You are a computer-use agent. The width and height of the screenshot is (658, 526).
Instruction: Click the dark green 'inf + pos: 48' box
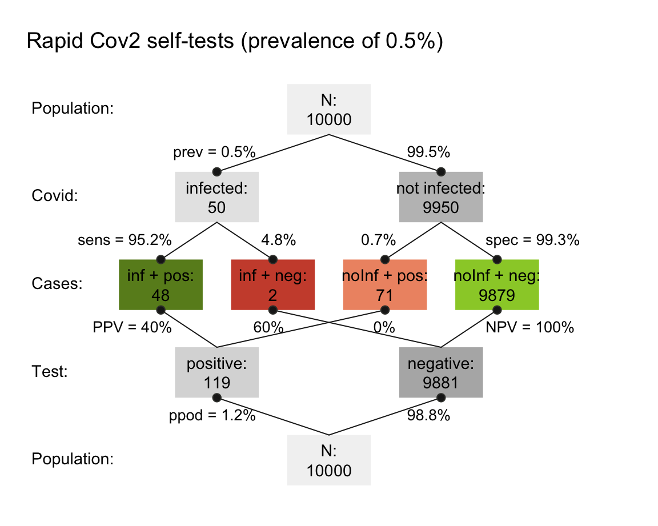[x=161, y=284]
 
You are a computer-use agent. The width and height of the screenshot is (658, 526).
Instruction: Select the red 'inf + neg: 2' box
[x=272, y=284]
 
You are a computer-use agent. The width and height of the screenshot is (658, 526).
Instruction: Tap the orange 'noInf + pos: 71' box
[x=385, y=284]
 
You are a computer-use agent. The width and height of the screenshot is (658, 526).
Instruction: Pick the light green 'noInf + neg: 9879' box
[x=497, y=284]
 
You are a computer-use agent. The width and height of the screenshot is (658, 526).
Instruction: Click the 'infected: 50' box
[x=216, y=196]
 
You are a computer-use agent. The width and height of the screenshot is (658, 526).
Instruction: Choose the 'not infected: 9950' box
[x=441, y=196]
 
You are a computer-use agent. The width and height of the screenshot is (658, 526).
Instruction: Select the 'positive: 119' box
[x=216, y=372]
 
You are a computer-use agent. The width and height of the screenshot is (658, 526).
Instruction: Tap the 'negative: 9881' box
[x=441, y=372]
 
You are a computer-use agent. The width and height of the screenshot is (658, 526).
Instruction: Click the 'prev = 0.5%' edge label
[x=214, y=153]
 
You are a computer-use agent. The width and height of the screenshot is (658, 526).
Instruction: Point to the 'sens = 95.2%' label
[x=125, y=240]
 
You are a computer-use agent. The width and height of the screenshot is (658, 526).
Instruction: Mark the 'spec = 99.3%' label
[x=532, y=240]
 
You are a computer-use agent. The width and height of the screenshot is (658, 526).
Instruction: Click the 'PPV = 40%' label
[x=132, y=328]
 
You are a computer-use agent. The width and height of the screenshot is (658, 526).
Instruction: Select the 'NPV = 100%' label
[x=529, y=328]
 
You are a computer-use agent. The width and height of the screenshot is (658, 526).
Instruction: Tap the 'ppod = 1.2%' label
[x=212, y=416]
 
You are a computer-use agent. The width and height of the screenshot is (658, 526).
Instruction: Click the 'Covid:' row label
[x=54, y=196]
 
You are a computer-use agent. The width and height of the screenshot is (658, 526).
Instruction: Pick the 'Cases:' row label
[x=57, y=284]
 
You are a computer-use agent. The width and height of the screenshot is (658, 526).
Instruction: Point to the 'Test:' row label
[x=50, y=372]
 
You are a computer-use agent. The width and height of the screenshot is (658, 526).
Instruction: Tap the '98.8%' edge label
[x=428, y=416]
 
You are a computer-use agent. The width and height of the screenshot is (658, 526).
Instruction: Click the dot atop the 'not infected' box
[x=441, y=171]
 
